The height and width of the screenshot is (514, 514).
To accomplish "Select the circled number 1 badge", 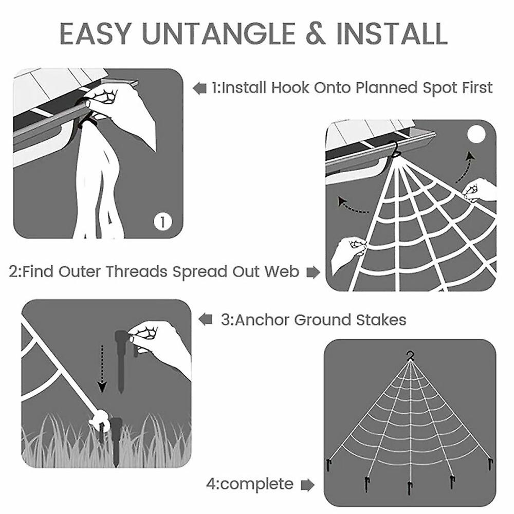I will click(162, 222).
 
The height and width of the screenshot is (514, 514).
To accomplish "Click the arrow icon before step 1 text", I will click(200, 88).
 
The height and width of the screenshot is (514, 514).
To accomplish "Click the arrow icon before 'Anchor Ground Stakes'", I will click(206, 320).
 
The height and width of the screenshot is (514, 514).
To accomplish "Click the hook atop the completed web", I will click(410, 356).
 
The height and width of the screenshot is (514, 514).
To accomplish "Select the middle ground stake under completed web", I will click(410, 487).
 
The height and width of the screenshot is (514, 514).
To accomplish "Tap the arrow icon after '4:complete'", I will click(307, 484).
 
